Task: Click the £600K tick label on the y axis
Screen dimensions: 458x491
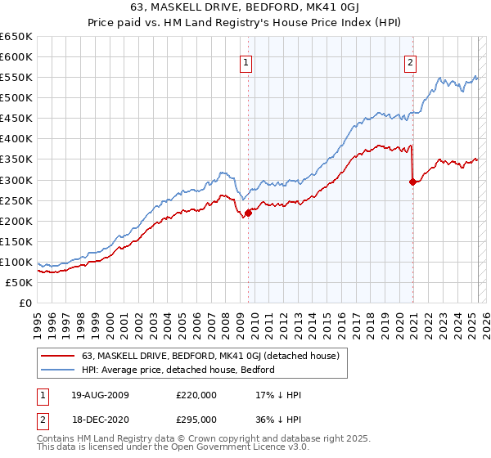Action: click(x=16, y=56)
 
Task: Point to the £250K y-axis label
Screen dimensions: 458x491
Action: click(x=16, y=200)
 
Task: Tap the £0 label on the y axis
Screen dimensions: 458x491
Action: click(x=25, y=303)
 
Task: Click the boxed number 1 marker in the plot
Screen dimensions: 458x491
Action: click(x=246, y=61)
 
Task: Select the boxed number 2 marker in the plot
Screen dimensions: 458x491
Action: click(x=410, y=61)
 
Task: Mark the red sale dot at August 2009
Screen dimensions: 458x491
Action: click(x=248, y=213)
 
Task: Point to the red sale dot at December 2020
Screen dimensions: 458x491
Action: click(x=412, y=182)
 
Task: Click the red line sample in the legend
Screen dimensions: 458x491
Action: click(x=58, y=356)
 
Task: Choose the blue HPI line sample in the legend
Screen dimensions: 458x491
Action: click(x=58, y=370)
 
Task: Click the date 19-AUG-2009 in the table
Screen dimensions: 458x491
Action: click(x=100, y=395)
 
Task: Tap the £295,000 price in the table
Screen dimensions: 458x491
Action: click(x=196, y=419)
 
